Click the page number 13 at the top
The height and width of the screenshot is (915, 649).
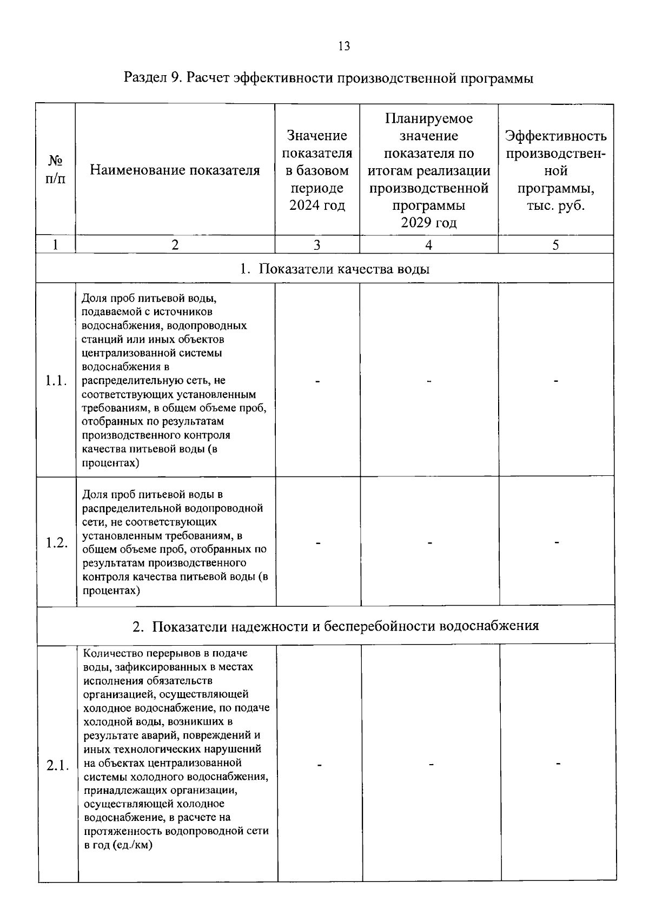click(x=344, y=46)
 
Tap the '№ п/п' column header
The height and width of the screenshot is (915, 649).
click(x=56, y=170)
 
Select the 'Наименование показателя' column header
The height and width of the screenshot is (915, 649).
click(x=175, y=170)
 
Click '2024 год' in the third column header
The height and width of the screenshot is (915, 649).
click(x=317, y=205)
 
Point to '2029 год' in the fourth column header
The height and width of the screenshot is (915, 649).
click(x=428, y=223)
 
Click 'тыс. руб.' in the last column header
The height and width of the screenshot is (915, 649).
click(x=555, y=205)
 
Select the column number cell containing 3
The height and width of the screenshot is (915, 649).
click(x=317, y=244)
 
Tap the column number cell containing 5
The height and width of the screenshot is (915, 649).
click(x=555, y=244)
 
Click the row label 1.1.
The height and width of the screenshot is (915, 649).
click(x=56, y=381)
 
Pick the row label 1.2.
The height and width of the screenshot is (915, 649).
click(x=56, y=542)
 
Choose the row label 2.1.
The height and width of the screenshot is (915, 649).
click(x=57, y=765)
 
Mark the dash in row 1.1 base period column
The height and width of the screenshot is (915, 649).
click(x=318, y=381)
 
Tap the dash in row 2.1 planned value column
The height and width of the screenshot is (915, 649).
click(x=431, y=765)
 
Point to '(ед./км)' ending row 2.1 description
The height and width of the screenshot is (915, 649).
click(x=133, y=845)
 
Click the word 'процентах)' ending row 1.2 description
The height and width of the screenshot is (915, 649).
click(x=111, y=591)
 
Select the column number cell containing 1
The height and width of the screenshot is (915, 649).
click(x=56, y=244)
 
